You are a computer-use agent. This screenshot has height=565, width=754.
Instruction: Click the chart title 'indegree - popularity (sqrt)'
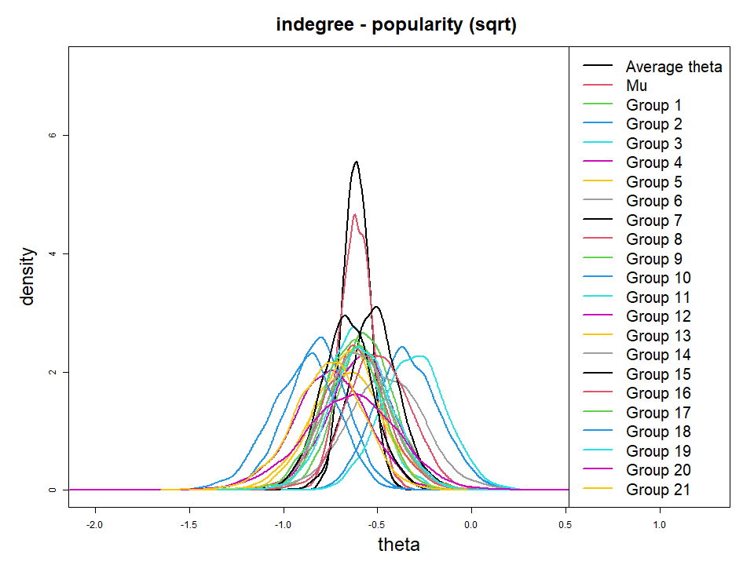(x=395, y=24)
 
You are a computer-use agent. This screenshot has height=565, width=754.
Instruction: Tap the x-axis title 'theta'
(x=398, y=544)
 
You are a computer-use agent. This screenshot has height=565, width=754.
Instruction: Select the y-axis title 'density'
(x=28, y=276)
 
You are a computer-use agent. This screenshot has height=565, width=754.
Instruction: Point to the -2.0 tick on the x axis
(x=95, y=523)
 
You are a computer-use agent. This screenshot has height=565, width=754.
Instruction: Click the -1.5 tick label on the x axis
(x=189, y=523)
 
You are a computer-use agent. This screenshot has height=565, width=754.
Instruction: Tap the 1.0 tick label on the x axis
(x=660, y=523)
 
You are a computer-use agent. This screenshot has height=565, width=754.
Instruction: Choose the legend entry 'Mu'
(x=636, y=86)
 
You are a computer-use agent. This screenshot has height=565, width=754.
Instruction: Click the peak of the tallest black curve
(x=357, y=162)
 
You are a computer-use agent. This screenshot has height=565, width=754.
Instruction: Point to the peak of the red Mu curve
(x=355, y=214)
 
